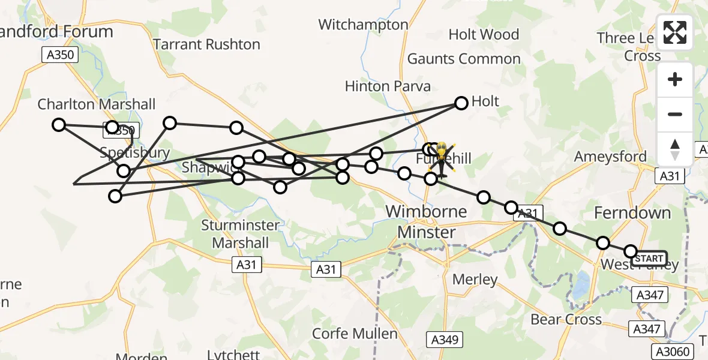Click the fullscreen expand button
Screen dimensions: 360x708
(x=675, y=32)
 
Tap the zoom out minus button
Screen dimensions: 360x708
(x=675, y=114)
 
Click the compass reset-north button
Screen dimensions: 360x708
(x=675, y=149)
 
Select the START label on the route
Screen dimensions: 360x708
(x=649, y=259)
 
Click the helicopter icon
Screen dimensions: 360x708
(x=441, y=160)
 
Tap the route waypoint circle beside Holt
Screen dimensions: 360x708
(x=461, y=103)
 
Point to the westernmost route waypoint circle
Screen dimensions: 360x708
(x=59, y=125)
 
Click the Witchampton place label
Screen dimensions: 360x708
(x=363, y=25)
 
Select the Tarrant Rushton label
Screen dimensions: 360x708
(x=206, y=44)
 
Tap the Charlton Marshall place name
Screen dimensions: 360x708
(x=96, y=104)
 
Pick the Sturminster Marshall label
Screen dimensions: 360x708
(x=241, y=234)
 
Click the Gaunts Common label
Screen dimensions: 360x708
(x=464, y=59)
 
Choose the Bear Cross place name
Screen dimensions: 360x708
(x=566, y=319)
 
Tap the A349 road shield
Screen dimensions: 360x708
(x=445, y=340)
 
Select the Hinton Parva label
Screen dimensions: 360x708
(x=388, y=86)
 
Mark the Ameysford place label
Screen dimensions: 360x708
(x=610, y=157)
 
